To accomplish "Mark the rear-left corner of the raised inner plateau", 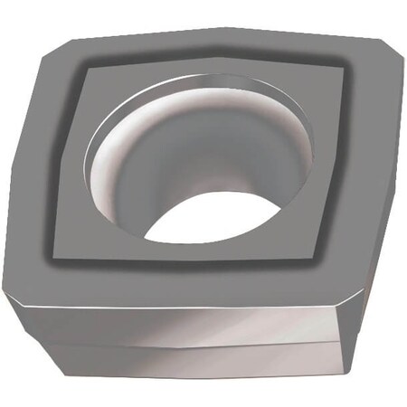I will (x=88, y=69).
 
